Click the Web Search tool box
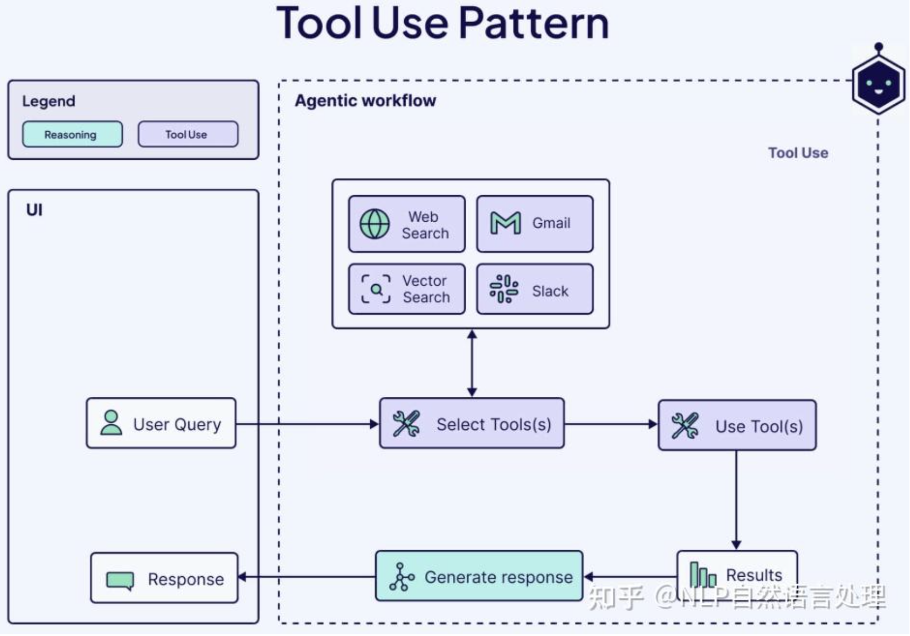pyautogui.click(x=407, y=224)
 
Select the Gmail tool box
pyautogui.click(x=535, y=224)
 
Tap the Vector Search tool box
pyautogui.click(x=407, y=289)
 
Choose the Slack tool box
pyautogui.click(x=535, y=289)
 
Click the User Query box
pyautogui.click(x=161, y=423)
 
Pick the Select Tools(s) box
pyautogui.click(x=472, y=423)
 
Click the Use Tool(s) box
pyautogui.click(x=737, y=425)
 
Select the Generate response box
pyautogui.click(x=479, y=576)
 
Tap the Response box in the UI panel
pyautogui.click(x=164, y=578)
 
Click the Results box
pyautogui.click(x=737, y=575)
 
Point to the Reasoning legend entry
pyautogui.click(x=73, y=134)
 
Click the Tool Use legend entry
pyautogui.click(x=188, y=134)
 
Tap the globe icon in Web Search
pyautogui.click(x=374, y=224)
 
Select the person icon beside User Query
pyautogui.click(x=111, y=423)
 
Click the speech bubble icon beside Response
pyautogui.click(x=120, y=580)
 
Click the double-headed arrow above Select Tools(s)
pyautogui.click(x=472, y=364)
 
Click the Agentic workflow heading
pyautogui.click(x=365, y=101)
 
